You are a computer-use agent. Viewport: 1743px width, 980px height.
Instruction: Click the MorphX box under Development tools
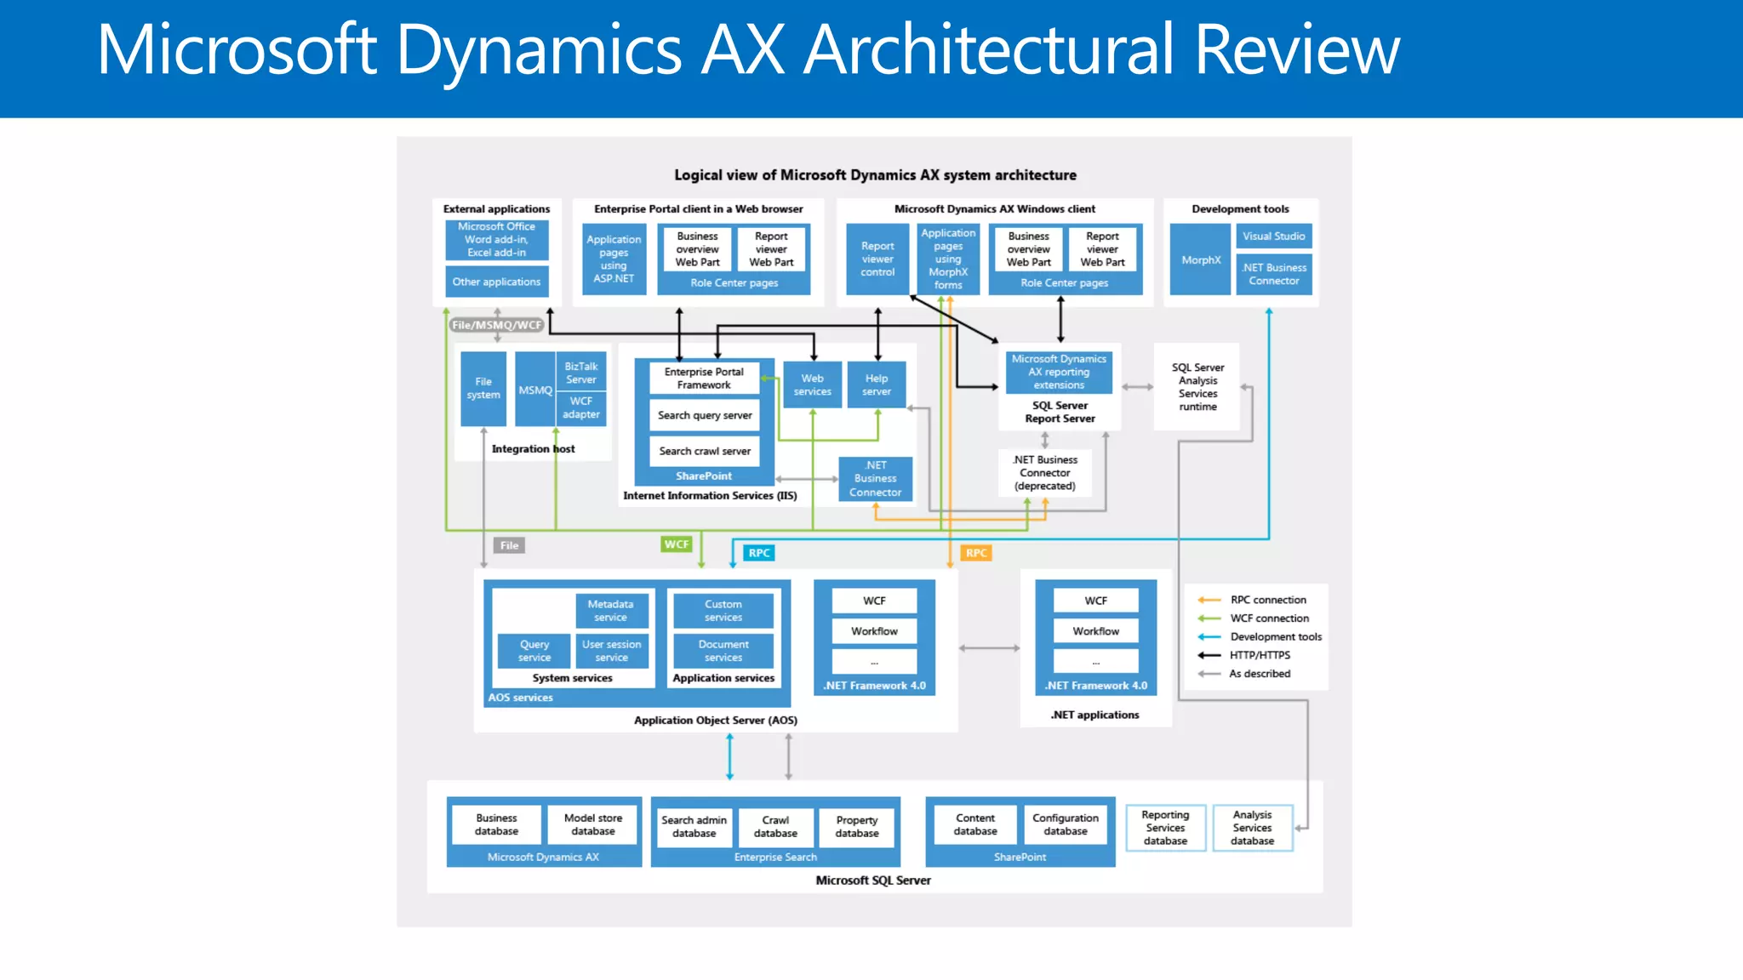[1200, 260]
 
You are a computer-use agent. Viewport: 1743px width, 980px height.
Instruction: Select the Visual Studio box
[1273, 236]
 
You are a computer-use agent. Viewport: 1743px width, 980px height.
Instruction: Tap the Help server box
[876, 385]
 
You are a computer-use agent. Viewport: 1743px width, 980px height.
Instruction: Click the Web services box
[812, 385]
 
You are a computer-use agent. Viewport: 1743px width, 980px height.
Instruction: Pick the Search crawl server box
[705, 451]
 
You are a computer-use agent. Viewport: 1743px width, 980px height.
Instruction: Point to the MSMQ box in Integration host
[535, 390]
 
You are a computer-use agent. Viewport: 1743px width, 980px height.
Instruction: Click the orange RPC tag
[976, 553]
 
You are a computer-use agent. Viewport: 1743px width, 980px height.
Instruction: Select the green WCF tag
[677, 544]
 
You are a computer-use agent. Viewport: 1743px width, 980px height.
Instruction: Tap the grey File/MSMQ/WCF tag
[497, 325]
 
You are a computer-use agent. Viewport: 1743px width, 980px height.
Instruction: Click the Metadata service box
[610, 611]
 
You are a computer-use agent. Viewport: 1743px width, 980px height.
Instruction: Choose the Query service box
[534, 651]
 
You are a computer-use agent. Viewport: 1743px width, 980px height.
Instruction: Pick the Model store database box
[593, 824]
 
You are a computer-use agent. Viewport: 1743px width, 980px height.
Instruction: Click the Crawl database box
[775, 827]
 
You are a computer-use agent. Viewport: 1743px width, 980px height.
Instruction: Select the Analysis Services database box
[1252, 828]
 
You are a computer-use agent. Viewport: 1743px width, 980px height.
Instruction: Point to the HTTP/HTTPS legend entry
[1260, 655]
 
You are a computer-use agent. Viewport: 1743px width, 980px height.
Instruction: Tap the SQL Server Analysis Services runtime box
[1197, 387]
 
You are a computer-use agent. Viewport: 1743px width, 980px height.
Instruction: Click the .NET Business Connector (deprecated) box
[1045, 473]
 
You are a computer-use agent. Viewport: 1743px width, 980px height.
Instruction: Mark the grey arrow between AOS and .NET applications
[989, 648]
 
